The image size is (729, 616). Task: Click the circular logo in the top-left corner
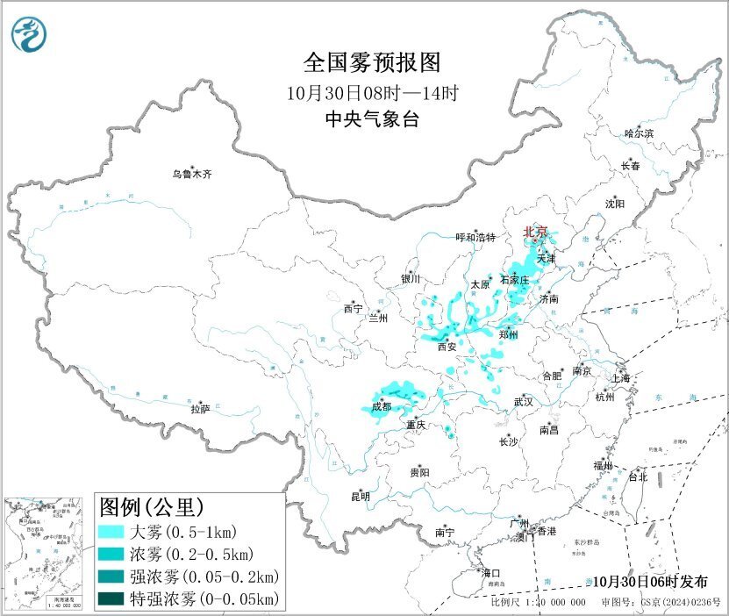tap(28, 34)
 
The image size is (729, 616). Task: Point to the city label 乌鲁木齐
tap(191, 175)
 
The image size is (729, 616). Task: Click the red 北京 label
tap(534, 232)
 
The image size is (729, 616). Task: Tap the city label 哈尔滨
tap(639, 133)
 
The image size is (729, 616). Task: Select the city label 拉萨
tap(200, 408)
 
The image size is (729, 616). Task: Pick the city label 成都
tap(382, 407)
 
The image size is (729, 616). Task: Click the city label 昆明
tap(361, 497)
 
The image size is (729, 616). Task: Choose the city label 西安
tap(447, 347)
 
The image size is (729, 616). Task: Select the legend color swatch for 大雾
tap(111, 532)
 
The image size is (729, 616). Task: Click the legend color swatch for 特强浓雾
tap(111, 599)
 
